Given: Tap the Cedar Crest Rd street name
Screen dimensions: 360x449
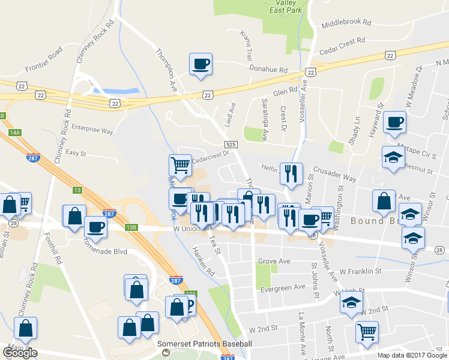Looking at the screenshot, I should [342, 41].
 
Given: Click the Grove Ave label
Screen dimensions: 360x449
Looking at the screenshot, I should [274, 261].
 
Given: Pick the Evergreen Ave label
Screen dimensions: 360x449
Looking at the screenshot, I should [284, 289].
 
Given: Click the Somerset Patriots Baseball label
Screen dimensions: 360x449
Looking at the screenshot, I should [204, 344].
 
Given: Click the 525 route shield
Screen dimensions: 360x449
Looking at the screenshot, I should [231, 145].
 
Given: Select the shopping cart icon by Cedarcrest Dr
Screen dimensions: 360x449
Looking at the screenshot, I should [180, 164].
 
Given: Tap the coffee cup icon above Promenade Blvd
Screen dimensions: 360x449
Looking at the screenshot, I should [96, 227].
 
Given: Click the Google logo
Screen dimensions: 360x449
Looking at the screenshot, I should [20, 353].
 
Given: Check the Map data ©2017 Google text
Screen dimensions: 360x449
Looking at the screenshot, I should [412, 355].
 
